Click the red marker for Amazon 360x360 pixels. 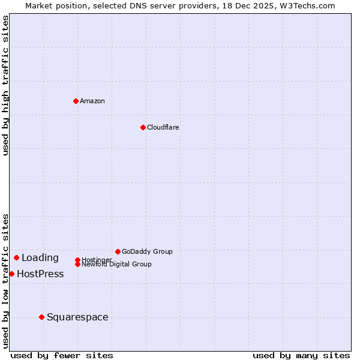coord(76,101)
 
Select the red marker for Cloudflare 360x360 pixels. coord(143,127)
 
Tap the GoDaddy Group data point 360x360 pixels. coord(118,251)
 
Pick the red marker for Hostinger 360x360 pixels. coord(77,260)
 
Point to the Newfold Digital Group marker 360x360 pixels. coord(77,264)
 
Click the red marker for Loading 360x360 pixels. coord(16,257)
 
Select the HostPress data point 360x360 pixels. coord(11,274)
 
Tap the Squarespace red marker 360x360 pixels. coord(41,317)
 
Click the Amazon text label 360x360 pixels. coord(92,101)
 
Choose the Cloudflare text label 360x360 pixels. coord(163,127)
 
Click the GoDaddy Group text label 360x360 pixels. coord(147,251)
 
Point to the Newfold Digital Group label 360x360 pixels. coord(116,264)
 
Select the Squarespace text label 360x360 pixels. coord(77,317)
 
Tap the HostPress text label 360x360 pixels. coord(40,274)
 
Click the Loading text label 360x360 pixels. coord(40,257)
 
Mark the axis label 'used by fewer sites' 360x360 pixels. coord(62,355)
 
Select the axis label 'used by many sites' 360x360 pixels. coord(301,355)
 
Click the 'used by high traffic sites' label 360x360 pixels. coord(5,85)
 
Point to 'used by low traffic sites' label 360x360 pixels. coord(5,280)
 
